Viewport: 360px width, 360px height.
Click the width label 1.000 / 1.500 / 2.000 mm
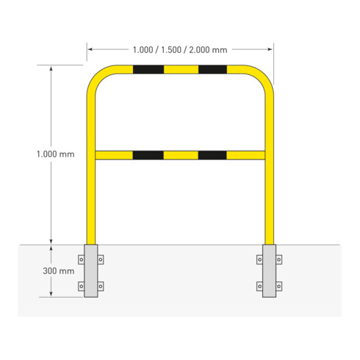point(180,50)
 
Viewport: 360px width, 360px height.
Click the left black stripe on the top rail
point(148,71)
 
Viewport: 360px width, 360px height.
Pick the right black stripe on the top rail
point(212,71)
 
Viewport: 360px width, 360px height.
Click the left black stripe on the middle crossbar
point(148,155)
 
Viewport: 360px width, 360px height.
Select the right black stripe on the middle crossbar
point(212,155)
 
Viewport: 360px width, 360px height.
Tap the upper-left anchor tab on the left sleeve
point(81,259)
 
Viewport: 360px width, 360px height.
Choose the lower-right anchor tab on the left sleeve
point(101,285)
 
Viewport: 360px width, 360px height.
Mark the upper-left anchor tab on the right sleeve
point(259,259)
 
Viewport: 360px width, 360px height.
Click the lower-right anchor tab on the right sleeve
point(280,285)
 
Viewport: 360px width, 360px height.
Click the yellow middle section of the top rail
point(180,71)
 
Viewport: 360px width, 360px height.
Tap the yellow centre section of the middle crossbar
point(180,155)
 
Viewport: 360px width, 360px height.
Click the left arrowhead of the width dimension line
point(90,50)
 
